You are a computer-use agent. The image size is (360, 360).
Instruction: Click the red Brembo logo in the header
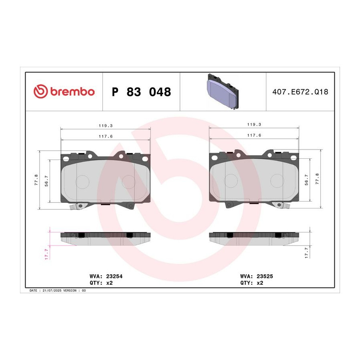coord(64,91)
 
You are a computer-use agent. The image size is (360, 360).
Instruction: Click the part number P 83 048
coord(141,92)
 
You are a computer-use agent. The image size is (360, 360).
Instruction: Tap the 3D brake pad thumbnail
coord(223,92)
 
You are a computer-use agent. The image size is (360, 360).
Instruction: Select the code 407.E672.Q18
coord(300,92)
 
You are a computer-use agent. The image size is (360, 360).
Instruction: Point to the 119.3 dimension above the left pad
coord(106,126)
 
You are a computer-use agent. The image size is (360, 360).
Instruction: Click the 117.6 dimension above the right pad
coord(254,135)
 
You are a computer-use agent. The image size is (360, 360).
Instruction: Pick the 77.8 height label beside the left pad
coord(36,180)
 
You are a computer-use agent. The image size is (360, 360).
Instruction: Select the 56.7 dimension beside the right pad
coord(306,180)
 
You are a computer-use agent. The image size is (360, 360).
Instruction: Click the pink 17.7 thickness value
coord(46,254)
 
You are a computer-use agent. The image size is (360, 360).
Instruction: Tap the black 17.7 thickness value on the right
coord(306,253)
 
